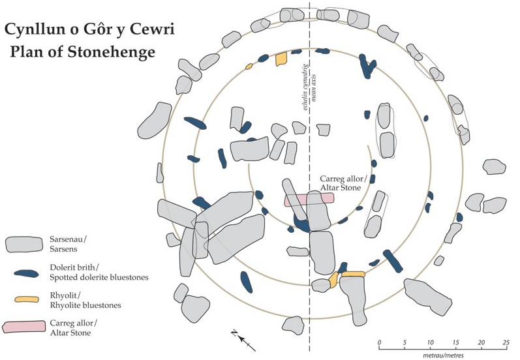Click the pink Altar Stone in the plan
pyautogui.click(x=309, y=200)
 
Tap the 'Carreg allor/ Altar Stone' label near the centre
pyautogui.click(x=342, y=183)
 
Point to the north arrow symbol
pyautogui.click(x=241, y=338)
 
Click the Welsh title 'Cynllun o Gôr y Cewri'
pyautogui.click(x=89, y=29)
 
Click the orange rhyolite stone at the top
pyautogui.click(x=281, y=59)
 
